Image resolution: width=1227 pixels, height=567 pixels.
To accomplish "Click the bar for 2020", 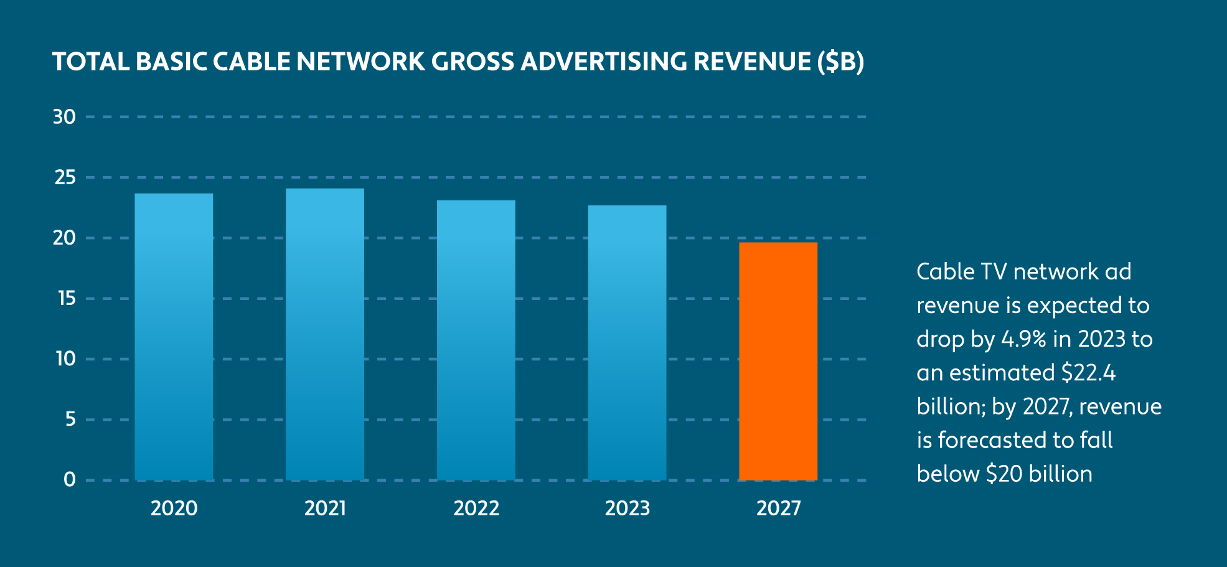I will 174,337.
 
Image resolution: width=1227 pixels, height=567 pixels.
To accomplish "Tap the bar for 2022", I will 476,340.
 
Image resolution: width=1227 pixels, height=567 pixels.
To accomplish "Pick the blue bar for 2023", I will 627,342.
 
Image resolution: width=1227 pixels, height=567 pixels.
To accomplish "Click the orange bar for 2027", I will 778,361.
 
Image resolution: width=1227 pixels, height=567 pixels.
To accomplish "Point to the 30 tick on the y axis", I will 64,117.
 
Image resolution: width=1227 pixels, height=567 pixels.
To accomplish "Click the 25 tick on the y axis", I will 65,177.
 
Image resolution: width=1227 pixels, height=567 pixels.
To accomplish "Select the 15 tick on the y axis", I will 66,299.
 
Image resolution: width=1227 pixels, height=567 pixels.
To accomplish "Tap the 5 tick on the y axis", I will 70,419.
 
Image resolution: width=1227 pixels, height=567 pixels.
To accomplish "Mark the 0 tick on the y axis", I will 70,480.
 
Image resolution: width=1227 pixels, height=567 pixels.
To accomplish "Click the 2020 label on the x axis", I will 174,508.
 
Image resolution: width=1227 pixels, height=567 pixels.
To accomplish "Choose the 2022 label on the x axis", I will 476,508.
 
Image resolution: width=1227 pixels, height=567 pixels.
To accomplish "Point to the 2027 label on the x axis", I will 778,508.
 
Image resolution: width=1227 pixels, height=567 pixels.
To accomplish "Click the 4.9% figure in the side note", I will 1023,339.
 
